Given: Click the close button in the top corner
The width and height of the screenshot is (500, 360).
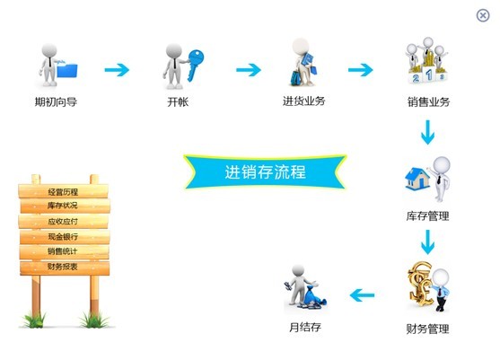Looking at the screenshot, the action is tap(483, 15).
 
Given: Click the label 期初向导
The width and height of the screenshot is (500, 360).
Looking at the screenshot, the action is tap(56, 102).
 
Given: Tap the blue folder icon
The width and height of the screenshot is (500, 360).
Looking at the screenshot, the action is tap(67, 70).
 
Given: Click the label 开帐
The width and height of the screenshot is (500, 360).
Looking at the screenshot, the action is tap(178, 102).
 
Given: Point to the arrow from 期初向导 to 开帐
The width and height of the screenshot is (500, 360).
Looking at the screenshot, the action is tap(117, 70).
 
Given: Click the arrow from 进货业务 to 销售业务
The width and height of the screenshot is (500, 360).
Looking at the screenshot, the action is tap(360, 70).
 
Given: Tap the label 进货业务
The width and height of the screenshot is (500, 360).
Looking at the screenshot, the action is tap(304, 101).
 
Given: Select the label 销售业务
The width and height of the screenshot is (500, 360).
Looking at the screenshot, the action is tap(428, 102).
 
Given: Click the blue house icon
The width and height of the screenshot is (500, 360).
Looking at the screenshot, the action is tap(417, 179).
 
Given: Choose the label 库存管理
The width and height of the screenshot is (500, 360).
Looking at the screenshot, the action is tap(427, 216).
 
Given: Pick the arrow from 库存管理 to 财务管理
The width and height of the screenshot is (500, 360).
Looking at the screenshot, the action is tap(427, 242).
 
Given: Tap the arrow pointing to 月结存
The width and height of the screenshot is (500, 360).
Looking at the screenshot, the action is tap(362, 295).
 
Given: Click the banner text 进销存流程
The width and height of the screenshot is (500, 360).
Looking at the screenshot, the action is tap(266, 172).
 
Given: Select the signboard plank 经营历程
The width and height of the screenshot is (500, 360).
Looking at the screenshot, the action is tap(63, 191).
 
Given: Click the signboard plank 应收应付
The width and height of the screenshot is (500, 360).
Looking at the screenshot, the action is tap(63, 221).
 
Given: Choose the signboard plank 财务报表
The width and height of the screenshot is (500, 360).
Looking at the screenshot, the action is tap(65, 268).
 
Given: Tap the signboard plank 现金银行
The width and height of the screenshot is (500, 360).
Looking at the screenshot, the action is tap(65, 237).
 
